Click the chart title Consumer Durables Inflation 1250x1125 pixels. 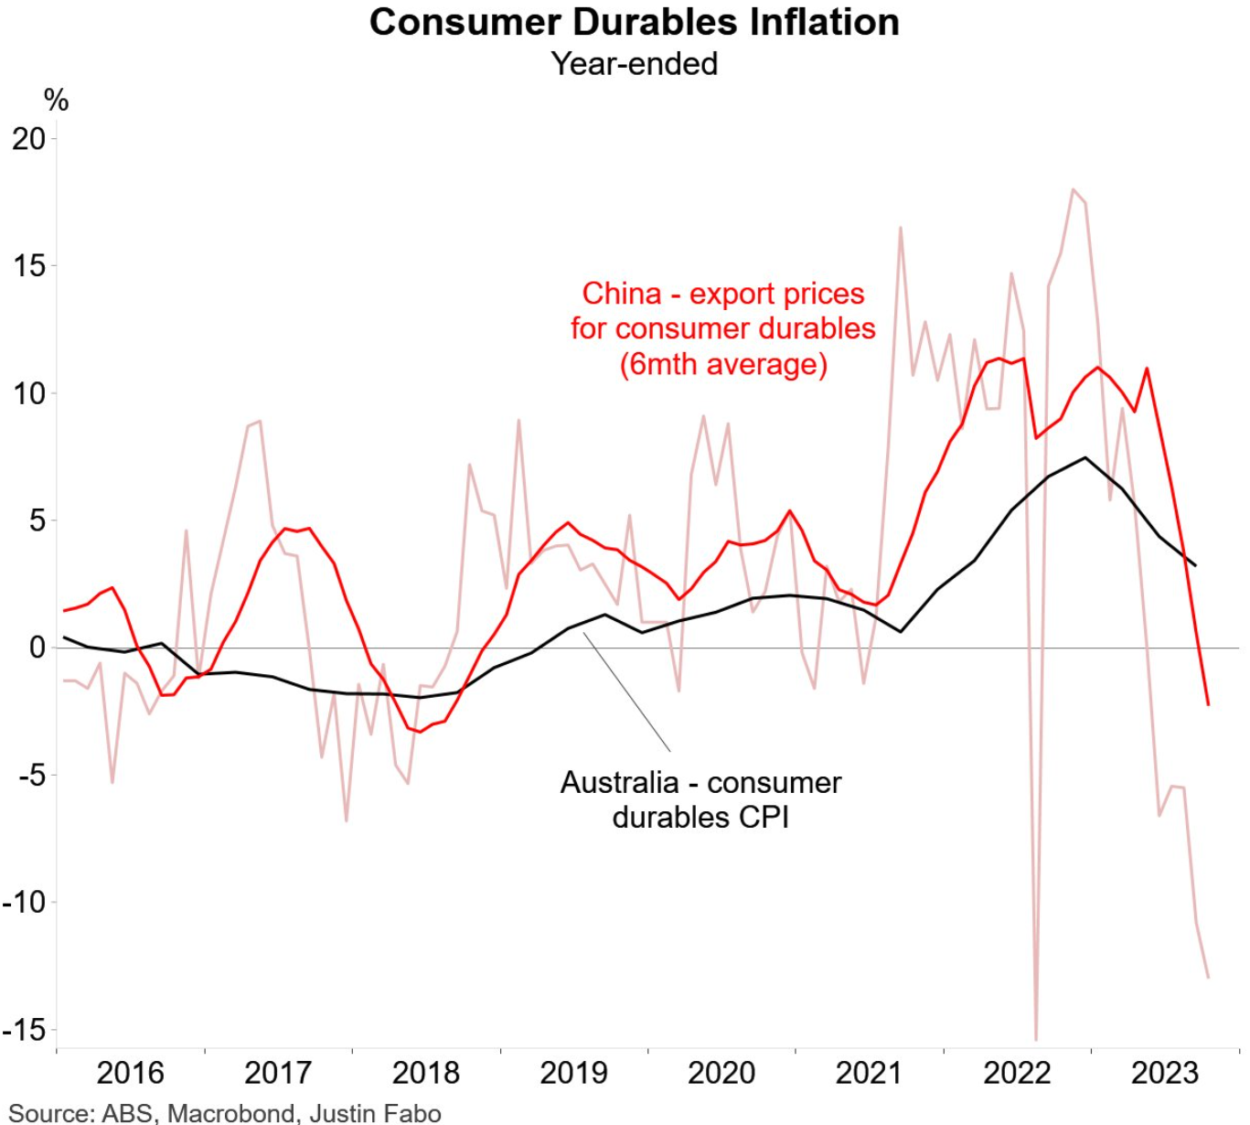point(634,22)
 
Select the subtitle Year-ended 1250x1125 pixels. point(634,64)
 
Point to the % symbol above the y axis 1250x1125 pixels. point(56,100)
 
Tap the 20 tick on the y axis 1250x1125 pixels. point(29,139)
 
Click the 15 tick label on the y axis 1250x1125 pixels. point(29,266)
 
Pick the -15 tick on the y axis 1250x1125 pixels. point(25,1030)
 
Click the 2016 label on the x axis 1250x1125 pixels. point(130,1073)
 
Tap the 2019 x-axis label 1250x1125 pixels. point(573,1073)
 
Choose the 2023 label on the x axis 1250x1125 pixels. point(1164,1073)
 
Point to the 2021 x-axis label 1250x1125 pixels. point(869,1073)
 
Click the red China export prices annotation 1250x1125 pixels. point(722,328)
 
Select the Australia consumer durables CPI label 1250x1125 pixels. point(700,799)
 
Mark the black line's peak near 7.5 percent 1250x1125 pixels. point(1085,457)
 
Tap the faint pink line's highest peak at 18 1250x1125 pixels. point(1073,189)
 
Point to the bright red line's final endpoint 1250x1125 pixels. point(1208,704)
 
